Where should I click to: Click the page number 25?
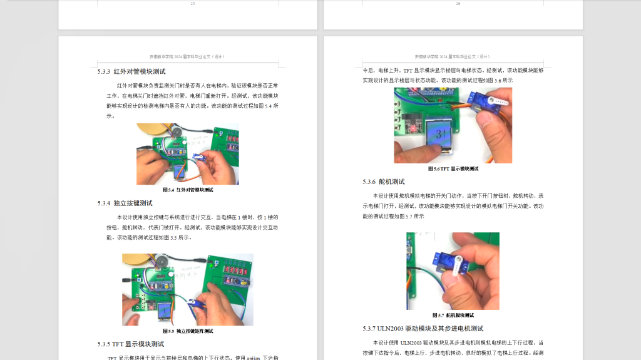[192, 4]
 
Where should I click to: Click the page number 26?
[458, 4]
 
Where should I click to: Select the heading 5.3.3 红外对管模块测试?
[131, 72]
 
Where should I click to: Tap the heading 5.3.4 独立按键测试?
[125, 203]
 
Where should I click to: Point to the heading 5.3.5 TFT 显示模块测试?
[130, 344]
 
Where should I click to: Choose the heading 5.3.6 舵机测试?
[384, 182]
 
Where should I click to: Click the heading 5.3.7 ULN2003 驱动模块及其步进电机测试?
[423, 329]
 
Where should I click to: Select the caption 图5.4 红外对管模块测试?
[188, 190]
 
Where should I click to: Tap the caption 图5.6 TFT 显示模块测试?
[453, 169]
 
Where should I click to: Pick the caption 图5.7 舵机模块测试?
[453, 316]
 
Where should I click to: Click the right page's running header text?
[452, 56]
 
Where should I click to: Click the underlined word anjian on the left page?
[253, 358]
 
